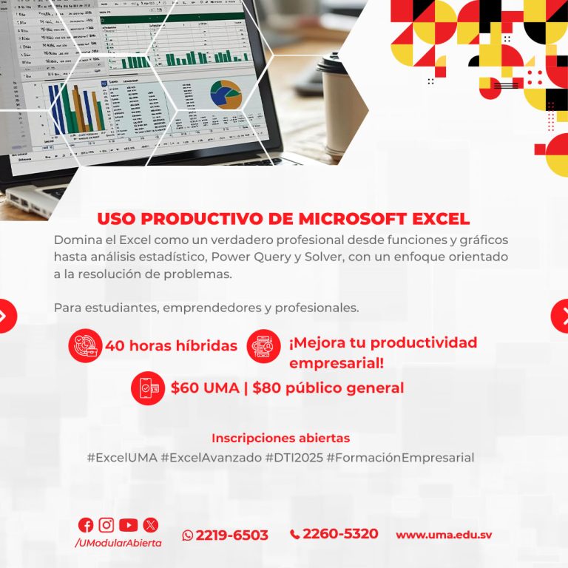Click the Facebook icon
coord(86,525)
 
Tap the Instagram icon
coord(106,525)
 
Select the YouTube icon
coord(128,525)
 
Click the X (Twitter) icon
coord(150,525)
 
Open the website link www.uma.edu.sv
coord(444,535)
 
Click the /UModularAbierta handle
coord(118,543)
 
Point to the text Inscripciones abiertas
coord(281,439)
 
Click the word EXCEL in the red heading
coord(430,219)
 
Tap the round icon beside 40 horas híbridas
coord(85,345)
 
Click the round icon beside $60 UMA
coord(147,388)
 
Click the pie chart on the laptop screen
coord(226,94)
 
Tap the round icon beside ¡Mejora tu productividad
coord(264,345)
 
